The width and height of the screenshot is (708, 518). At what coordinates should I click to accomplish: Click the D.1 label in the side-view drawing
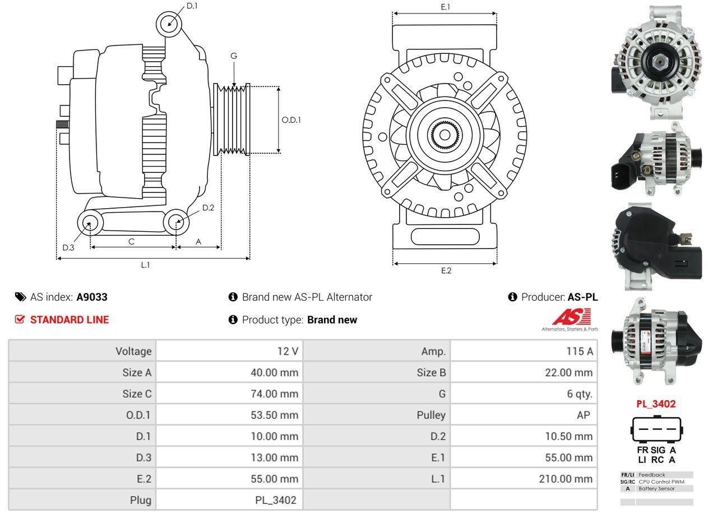192,6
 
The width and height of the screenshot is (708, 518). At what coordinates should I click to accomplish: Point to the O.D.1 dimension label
291,120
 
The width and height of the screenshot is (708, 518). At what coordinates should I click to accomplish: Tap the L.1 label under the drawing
145,265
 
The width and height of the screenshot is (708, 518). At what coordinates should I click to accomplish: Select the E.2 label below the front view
446,271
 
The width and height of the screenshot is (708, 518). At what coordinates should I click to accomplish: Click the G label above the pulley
234,56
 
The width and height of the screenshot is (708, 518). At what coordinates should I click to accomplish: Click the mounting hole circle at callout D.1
168,24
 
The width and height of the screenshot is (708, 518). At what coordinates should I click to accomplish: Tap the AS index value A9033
92,297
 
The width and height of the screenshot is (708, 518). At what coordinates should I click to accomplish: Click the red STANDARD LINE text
69,320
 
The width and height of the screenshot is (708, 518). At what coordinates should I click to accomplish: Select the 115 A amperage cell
524,351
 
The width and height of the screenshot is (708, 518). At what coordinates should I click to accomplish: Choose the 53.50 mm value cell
229,415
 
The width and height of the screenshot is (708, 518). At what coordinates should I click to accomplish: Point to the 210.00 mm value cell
524,479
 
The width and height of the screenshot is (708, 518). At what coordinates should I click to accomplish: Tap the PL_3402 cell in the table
229,500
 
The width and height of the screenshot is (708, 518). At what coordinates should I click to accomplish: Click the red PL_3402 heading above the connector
655,404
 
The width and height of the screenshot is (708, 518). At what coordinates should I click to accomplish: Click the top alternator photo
656,62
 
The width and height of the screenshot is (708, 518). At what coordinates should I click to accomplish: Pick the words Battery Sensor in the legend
657,489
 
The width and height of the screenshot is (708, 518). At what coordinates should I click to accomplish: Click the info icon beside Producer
512,297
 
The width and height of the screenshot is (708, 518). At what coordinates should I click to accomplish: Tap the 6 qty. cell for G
524,394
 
